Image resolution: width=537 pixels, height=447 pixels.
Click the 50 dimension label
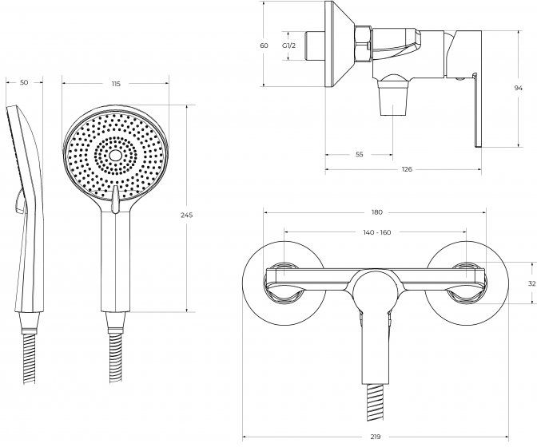[24, 82]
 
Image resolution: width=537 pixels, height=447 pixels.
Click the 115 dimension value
[116, 84]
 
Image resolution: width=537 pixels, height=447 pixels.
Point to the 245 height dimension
[187, 216]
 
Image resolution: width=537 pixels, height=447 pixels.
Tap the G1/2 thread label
[288, 45]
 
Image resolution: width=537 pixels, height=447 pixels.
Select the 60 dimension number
[264, 45]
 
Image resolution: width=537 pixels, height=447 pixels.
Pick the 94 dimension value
[519, 88]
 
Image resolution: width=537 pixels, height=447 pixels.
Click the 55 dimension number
[359, 155]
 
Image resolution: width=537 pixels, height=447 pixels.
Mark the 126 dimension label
[407, 169]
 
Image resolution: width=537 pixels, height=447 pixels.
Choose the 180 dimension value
[376, 212]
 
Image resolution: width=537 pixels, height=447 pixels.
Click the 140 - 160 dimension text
[376, 232]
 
